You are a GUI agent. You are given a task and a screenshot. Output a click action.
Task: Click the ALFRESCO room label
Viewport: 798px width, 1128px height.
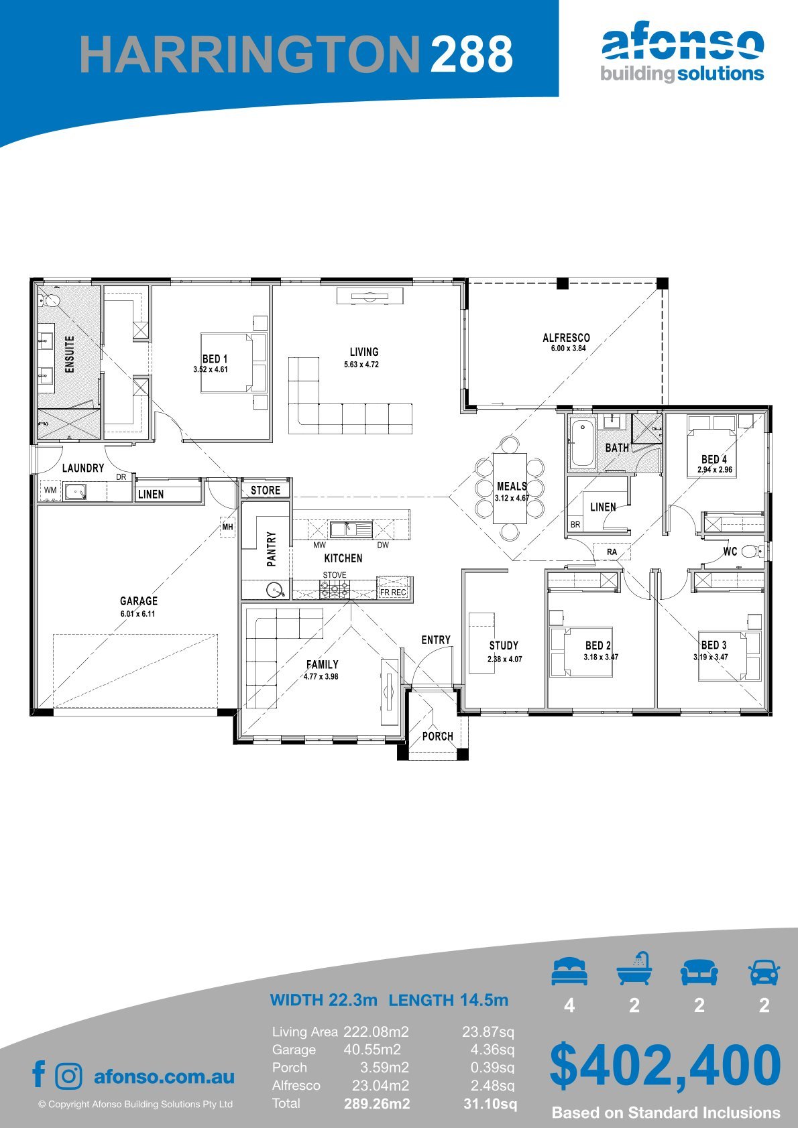click(566, 337)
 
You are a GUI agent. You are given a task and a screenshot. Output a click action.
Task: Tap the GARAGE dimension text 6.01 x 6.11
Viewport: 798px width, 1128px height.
click(137, 613)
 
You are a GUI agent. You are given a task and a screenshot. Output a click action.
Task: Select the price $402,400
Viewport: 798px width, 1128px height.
click(665, 1064)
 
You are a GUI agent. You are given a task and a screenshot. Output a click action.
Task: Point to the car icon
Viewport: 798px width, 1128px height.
click(764, 973)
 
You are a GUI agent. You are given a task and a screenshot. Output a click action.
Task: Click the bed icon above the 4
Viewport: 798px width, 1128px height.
click(569, 972)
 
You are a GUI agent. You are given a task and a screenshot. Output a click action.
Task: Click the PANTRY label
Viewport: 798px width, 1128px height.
click(272, 549)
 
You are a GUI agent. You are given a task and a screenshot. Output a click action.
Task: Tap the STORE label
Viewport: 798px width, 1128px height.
click(266, 490)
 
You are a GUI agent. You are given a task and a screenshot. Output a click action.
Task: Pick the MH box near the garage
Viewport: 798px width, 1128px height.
click(228, 527)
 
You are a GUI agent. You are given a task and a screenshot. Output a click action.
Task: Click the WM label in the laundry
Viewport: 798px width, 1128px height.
click(50, 490)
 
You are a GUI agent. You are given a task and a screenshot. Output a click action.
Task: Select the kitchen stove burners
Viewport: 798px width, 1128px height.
click(334, 588)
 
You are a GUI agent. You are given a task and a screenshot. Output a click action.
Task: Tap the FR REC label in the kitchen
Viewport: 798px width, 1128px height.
click(393, 592)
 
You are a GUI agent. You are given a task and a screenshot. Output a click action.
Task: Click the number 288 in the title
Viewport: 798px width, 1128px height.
click(471, 54)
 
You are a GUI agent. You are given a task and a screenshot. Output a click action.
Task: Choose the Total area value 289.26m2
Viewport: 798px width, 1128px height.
click(377, 1104)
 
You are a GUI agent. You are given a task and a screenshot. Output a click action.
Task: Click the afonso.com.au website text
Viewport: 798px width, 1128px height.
click(164, 1076)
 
